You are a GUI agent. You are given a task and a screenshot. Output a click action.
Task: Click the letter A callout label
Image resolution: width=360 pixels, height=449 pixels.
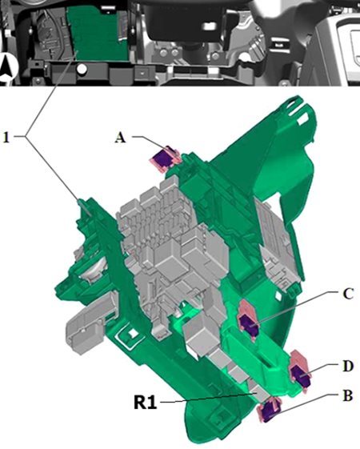click(x=120, y=138)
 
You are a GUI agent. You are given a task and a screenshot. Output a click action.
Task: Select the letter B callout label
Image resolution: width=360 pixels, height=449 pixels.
click(x=347, y=396)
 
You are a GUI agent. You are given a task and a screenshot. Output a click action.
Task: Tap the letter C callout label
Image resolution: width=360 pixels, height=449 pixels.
click(x=348, y=294)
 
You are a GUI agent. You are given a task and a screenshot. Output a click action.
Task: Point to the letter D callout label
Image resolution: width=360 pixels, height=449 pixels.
click(x=348, y=367)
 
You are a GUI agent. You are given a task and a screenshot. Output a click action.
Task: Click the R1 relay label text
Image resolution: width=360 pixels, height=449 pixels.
click(x=146, y=403)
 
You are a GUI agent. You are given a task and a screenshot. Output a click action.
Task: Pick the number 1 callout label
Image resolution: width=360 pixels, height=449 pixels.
click(x=6, y=138)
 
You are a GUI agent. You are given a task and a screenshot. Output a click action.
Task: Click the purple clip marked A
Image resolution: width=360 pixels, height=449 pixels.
click(x=163, y=158)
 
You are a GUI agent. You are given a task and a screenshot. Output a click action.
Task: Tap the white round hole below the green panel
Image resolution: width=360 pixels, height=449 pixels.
click(x=82, y=69)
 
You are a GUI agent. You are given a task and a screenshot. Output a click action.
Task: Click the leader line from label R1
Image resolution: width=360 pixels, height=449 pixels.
click(x=208, y=399)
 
